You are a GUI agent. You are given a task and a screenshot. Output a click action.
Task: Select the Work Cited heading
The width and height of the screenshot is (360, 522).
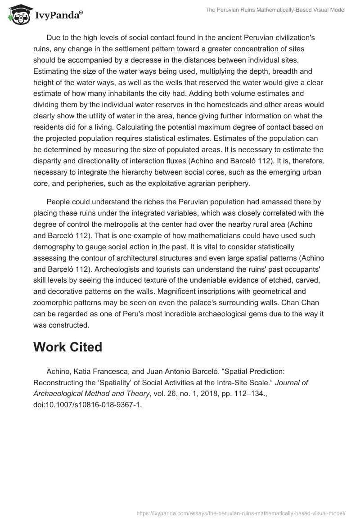click(x=67, y=347)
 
